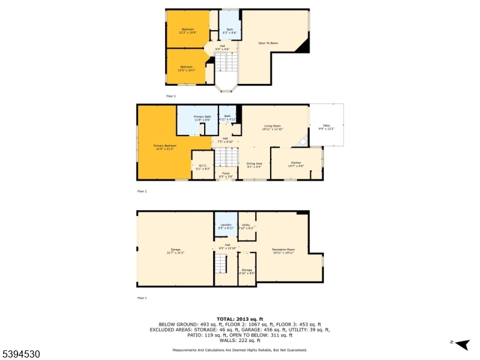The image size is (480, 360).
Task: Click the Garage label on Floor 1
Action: tap(175, 250)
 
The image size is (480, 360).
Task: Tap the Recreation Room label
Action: tap(283, 250)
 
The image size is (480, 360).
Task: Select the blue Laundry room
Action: tap(226, 226)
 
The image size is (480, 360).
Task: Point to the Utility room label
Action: tap(247, 226)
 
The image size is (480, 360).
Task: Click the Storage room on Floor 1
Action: tap(247, 271)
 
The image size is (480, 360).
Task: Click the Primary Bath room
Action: tap(202, 119)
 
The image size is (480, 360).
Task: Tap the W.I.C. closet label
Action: tap(203, 168)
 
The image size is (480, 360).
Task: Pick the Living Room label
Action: tap(272, 127)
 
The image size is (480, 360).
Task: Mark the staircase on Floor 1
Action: tap(221, 263)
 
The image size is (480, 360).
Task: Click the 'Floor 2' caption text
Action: tap(142, 191)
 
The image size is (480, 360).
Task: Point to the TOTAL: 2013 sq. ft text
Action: tap(240, 319)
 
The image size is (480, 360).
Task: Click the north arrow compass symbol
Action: tap(461, 344)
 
